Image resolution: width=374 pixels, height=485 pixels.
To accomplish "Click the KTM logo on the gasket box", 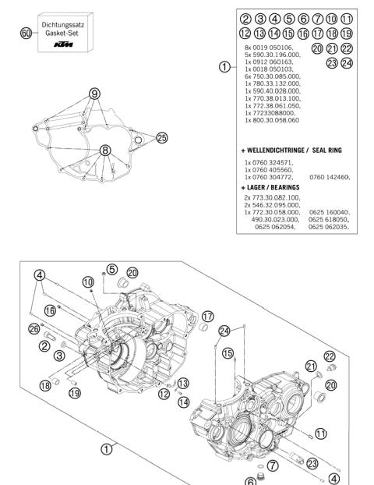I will tap(65, 48).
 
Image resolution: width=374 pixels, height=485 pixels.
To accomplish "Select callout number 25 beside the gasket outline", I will tap(161, 138).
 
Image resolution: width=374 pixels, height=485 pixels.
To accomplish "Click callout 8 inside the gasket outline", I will tap(105, 149).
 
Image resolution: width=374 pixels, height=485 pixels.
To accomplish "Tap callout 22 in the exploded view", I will tap(330, 356).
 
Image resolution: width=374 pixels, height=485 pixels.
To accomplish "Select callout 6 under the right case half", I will tap(250, 481).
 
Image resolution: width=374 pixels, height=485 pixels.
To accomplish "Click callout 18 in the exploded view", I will tap(45, 385).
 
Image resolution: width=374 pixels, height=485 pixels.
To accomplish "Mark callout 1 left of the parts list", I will tap(224, 67).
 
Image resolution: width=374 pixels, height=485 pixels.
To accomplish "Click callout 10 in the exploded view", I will tap(88, 280).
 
